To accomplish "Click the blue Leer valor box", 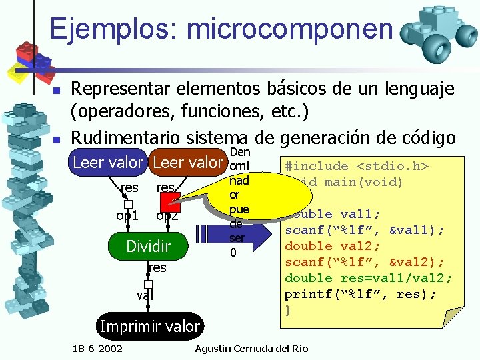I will [107, 162].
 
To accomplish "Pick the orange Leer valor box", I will [187, 162].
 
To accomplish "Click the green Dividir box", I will [149, 247].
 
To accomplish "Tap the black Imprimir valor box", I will [149, 327].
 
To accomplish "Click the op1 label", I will [127, 216].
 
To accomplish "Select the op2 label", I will [167, 216].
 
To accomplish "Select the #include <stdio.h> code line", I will [357, 166].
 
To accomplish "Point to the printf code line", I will [361, 294].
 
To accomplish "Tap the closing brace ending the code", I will [288, 310].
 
